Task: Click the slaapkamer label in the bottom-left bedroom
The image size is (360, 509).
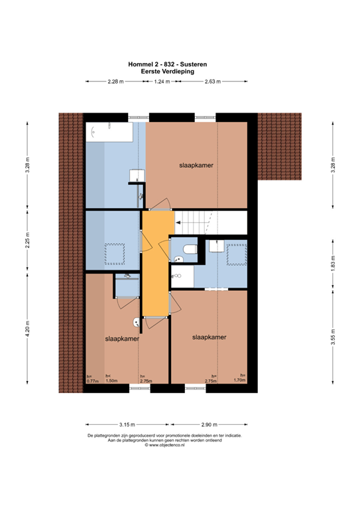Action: pos(122,339)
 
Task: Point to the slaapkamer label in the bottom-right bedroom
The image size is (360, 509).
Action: pos(210,337)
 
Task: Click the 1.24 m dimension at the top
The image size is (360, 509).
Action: pos(161,82)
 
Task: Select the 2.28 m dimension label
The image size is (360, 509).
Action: pos(115,82)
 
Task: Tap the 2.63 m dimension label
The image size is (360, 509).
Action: pos(213,82)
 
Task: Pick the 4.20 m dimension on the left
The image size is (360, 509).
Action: pos(27,330)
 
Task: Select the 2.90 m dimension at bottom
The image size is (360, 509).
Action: pos(210,424)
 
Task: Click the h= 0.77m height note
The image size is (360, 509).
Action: pos(91,380)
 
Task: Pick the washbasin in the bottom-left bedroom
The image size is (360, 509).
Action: pos(137,323)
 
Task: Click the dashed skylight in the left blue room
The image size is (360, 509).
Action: pos(115,253)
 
